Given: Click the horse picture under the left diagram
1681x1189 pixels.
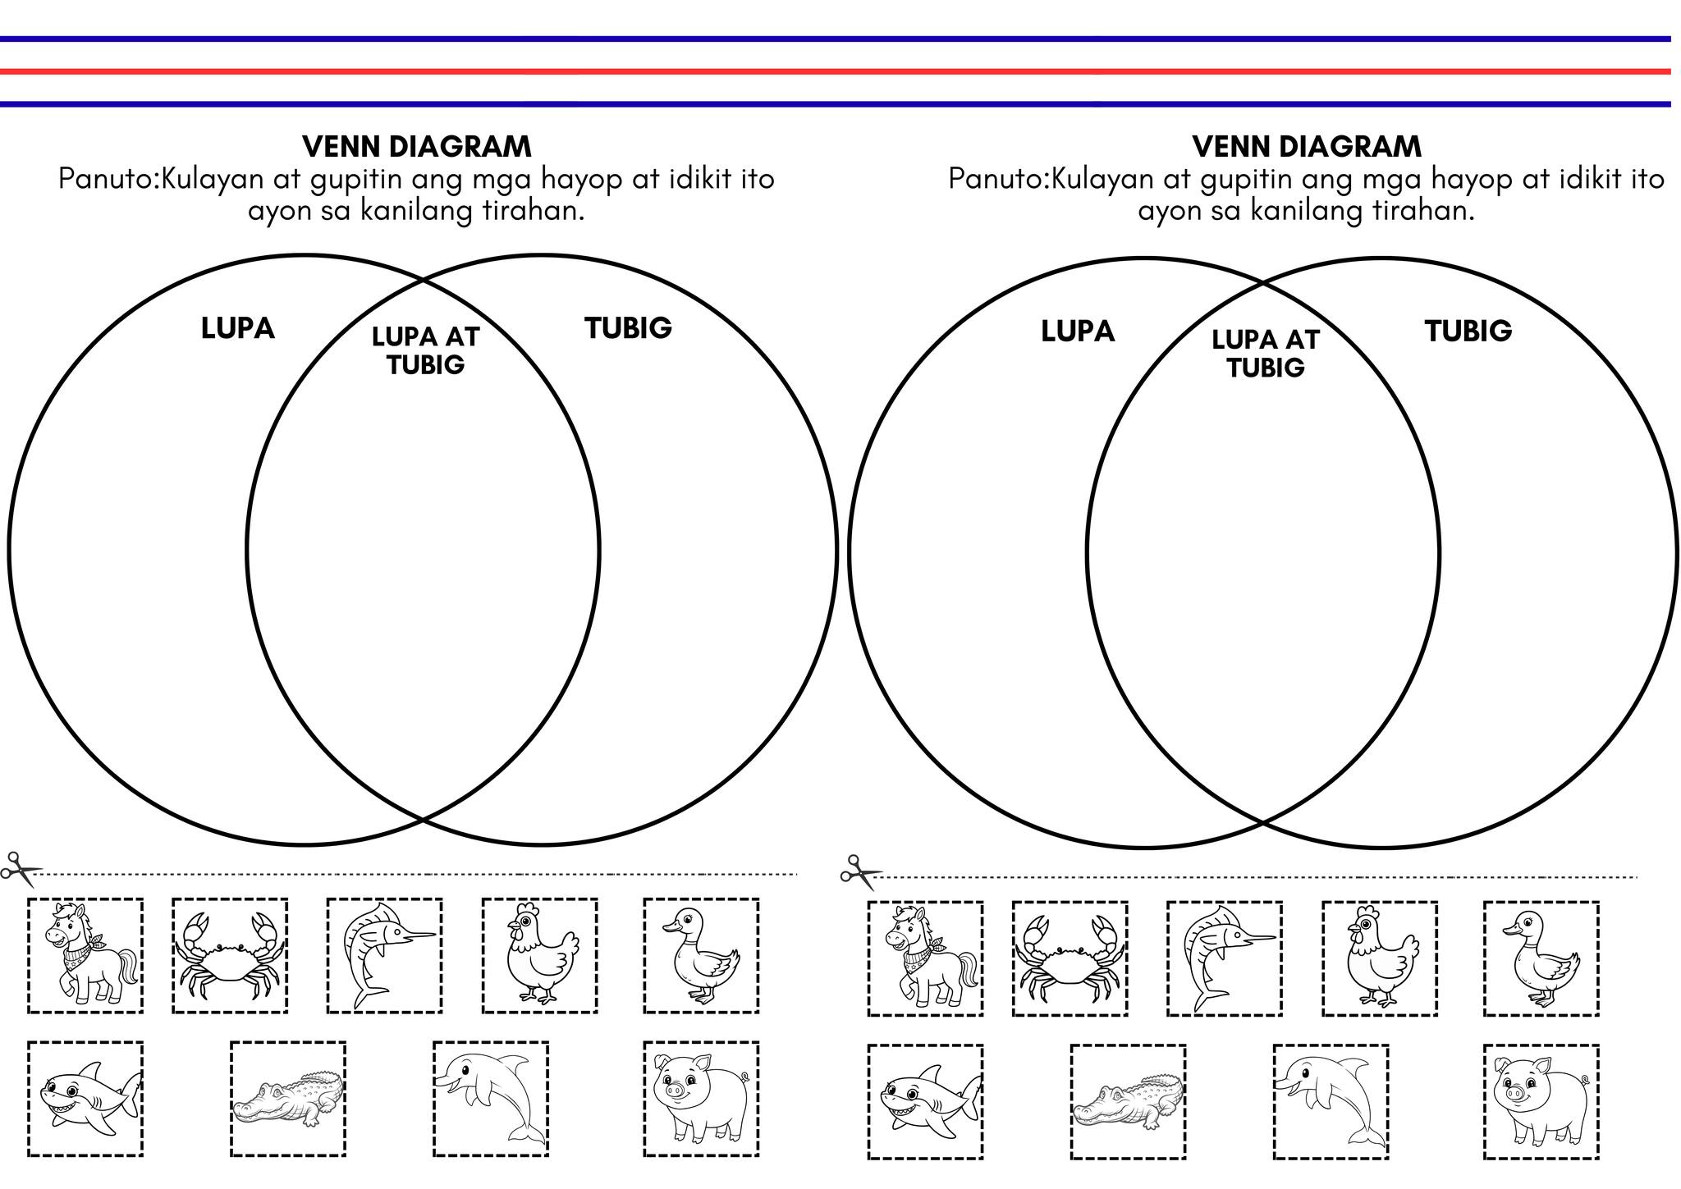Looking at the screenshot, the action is tap(85, 956).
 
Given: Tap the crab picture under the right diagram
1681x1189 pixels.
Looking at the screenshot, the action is tap(1070, 958).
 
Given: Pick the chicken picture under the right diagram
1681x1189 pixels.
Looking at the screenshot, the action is tap(1380, 958).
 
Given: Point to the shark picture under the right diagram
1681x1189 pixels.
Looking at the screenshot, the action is tap(926, 1102).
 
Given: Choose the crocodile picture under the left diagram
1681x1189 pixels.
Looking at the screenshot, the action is tap(288, 1099).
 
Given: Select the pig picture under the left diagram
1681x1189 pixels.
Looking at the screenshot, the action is tap(700, 1099).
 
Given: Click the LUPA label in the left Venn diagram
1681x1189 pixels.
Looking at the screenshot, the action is tap(237, 328).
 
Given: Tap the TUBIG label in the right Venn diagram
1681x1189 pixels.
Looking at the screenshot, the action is tap(1468, 331).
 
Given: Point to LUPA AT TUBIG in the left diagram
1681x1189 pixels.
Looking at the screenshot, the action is tap(425, 350).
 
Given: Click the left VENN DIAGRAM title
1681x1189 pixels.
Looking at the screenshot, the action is tap(417, 147).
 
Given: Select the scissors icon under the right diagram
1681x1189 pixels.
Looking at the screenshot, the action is tap(860, 872).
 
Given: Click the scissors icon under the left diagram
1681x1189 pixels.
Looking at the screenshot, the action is tap(21, 869).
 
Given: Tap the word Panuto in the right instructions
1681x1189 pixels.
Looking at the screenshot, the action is tap(996, 179).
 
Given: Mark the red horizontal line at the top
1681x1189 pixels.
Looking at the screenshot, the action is tap(836, 71).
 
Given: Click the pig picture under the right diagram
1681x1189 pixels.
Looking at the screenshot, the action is tap(1541, 1101).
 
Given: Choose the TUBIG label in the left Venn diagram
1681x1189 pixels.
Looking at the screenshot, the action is tap(628, 328).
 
